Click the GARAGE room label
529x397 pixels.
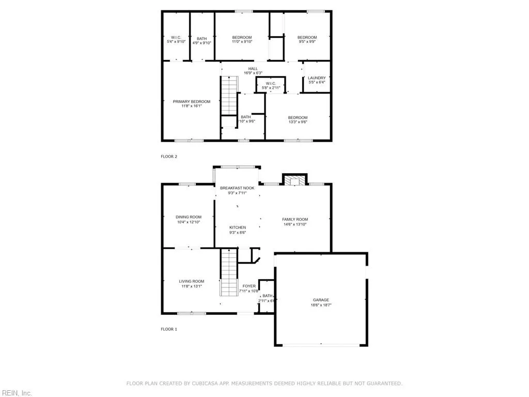320,300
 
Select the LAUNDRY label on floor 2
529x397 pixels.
317,78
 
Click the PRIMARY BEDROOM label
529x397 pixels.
191,102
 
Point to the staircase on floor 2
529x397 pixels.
229,96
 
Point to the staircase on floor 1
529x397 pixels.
228,271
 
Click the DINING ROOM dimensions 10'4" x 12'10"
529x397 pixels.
188,222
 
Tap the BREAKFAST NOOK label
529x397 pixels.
237,188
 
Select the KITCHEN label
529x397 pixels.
238,227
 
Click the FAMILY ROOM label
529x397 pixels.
294,220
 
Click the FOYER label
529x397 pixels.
249,286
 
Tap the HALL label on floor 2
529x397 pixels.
253,68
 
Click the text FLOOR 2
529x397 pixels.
169,156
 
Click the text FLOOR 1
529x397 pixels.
169,329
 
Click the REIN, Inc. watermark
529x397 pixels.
16,393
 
